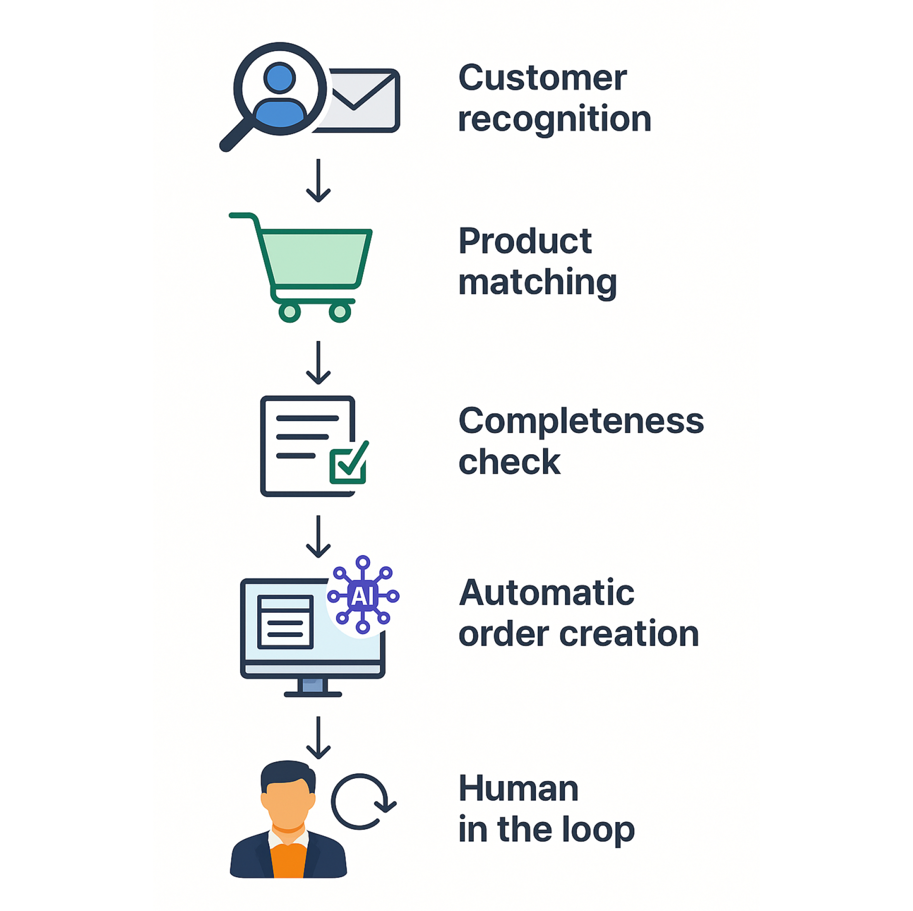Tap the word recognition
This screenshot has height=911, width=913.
554,119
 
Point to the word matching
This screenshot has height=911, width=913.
537,283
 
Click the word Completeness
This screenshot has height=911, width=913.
581,421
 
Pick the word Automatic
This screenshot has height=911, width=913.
546,593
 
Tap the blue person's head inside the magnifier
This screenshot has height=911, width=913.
280,78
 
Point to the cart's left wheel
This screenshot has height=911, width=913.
290,312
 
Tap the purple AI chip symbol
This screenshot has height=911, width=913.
362,596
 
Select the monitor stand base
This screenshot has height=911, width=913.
312,694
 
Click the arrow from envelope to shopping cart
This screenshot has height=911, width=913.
318,180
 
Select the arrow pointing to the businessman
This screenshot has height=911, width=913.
318,737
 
